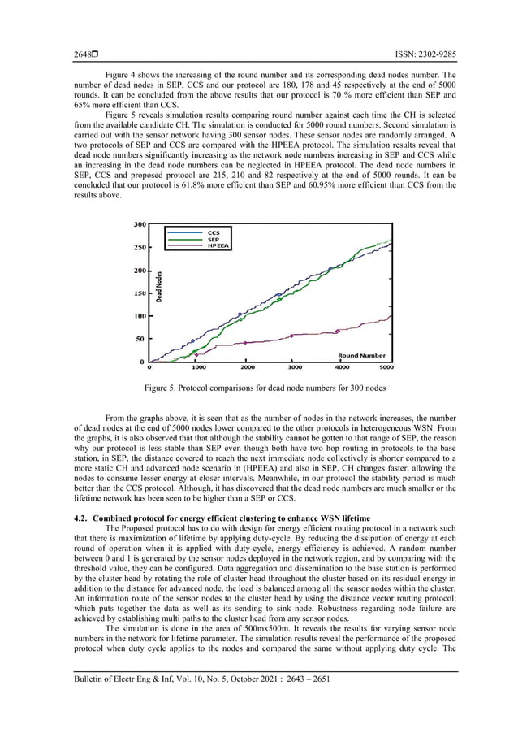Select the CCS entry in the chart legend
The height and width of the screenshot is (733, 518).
[x=214, y=232]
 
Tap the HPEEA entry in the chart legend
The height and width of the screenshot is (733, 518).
[x=218, y=245]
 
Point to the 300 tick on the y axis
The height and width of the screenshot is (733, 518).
[x=140, y=224]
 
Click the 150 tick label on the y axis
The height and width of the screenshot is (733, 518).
[x=140, y=293]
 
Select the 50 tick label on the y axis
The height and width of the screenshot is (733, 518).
[x=141, y=339]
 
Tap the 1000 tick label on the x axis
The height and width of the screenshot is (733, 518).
[x=198, y=367]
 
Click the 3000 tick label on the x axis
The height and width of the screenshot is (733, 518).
[x=295, y=367]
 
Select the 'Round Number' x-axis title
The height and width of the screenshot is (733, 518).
[x=361, y=355]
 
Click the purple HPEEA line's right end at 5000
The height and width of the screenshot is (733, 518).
[x=391, y=316]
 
